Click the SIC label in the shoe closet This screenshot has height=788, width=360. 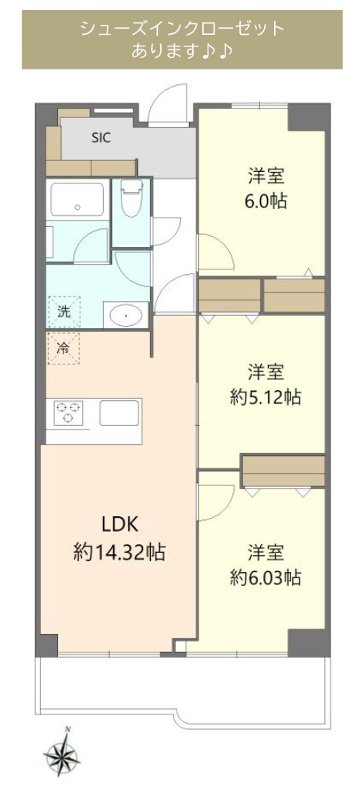[x=101, y=139]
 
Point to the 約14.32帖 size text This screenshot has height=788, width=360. [x=119, y=553]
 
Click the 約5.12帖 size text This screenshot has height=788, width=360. [x=266, y=398]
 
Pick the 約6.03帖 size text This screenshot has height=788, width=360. [x=266, y=577]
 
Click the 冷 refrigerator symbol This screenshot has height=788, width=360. [x=63, y=348]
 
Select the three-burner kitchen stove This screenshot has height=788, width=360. [x=68, y=413]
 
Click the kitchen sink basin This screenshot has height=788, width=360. [x=118, y=413]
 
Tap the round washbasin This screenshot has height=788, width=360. [x=125, y=314]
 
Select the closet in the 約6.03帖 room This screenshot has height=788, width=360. [x=283, y=470]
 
